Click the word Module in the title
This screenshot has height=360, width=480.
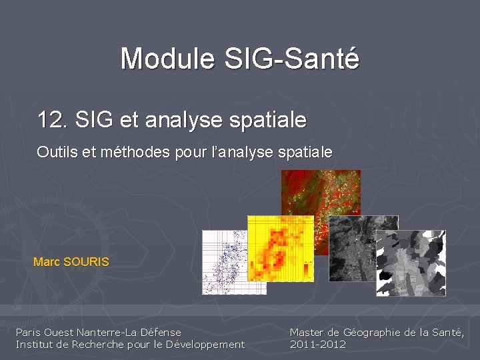pos(167,59)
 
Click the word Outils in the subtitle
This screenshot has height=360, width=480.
pos(55,153)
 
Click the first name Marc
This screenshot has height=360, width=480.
pos(47,262)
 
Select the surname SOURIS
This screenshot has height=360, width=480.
pos(85,262)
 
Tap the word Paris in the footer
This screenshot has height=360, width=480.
pos(29,332)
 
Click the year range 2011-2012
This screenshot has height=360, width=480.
pos(318,344)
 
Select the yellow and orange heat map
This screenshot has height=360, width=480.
pos(280,250)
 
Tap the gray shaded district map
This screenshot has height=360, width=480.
pos(410,263)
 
